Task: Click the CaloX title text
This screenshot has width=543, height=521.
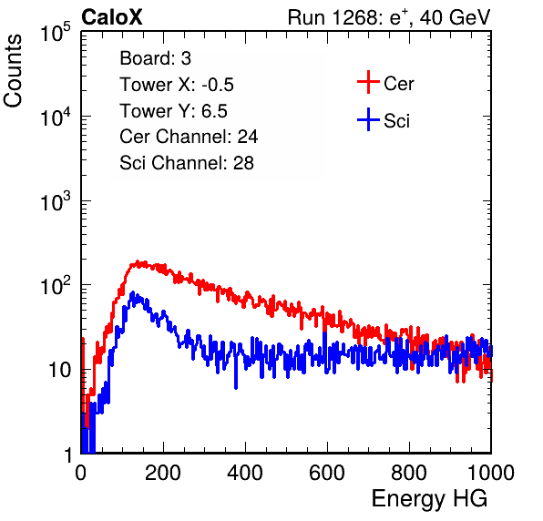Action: [x=111, y=17]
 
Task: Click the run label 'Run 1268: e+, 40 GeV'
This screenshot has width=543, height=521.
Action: [x=388, y=17]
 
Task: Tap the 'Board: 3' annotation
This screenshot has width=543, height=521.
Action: [x=155, y=58]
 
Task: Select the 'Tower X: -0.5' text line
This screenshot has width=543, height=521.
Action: [x=177, y=85]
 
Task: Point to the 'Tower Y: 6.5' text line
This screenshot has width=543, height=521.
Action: [x=173, y=111]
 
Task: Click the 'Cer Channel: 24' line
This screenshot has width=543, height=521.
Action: [x=189, y=137]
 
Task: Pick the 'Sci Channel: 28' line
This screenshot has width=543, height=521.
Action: [x=187, y=163]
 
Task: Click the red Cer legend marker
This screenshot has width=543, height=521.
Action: [x=368, y=82]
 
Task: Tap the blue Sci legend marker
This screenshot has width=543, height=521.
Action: [x=368, y=120]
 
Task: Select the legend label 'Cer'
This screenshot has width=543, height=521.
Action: [x=398, y=84]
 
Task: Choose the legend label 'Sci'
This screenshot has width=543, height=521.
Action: [x=396, y=121]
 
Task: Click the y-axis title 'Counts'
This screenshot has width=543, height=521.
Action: [x=13, y=70]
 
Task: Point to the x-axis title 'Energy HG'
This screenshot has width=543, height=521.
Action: [x=429, y=499]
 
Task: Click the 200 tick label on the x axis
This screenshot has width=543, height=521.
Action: [x=163, y=473]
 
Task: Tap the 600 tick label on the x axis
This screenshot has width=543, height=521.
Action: [x=327, y=473]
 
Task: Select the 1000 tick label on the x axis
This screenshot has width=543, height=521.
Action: [x=491, y=473]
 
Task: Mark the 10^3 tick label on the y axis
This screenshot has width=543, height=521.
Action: [x=56, y=200]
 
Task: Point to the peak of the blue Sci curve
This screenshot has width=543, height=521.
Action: [x=132, y=292]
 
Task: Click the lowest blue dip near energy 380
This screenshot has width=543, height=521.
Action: [x=236, y=387]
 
